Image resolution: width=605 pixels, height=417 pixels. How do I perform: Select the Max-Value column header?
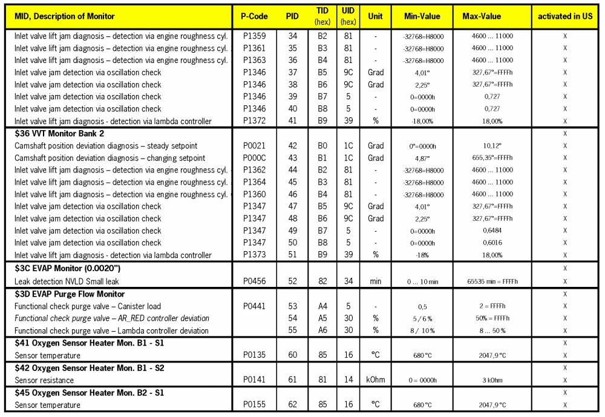point(482,16)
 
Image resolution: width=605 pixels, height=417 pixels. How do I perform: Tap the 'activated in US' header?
point(565,16)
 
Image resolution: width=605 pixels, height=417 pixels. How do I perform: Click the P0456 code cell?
point(255,281)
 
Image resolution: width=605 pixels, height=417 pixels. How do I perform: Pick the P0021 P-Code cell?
point(255,146)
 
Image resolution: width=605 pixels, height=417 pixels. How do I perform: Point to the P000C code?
point(255,158)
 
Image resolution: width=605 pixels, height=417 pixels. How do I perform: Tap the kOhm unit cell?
point(376,380)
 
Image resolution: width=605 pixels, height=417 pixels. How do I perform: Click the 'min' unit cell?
point(376,281)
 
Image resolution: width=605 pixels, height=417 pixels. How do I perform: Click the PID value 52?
point(292,281)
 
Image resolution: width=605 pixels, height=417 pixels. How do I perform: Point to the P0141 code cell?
point(255,380)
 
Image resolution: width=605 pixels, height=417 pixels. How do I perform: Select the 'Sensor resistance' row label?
point(44,380)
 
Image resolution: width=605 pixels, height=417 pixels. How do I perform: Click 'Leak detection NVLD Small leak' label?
point(70,281)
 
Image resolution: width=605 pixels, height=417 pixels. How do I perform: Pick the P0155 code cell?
point(255,405)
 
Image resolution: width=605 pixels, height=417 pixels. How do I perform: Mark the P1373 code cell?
point(255,255)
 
